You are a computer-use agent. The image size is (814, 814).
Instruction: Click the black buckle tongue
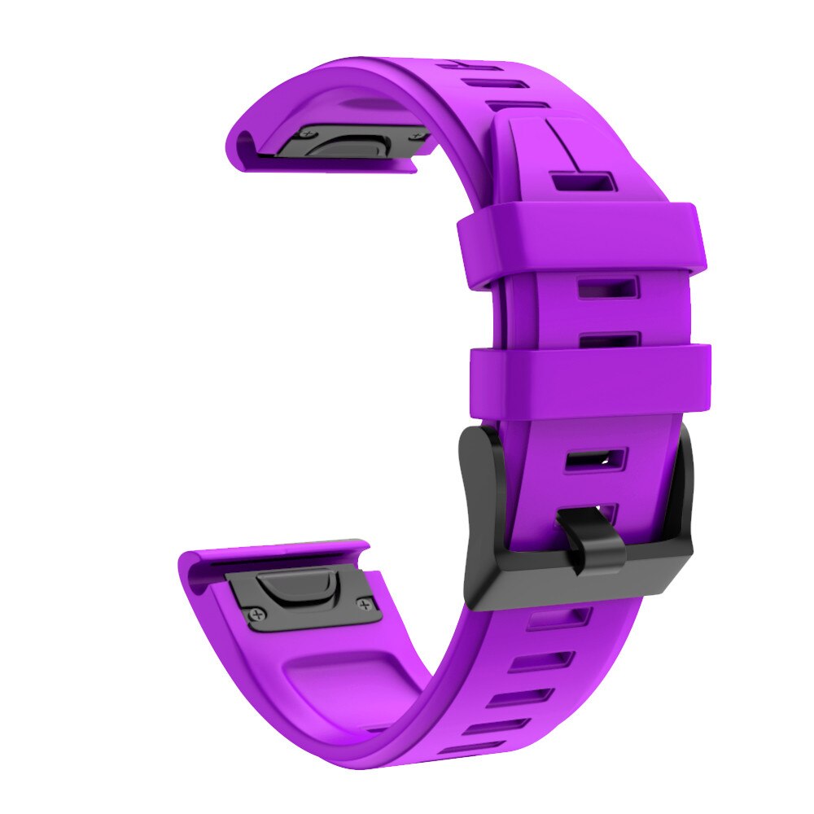pos(597,539)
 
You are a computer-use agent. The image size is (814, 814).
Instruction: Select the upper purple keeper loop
pos(580,242)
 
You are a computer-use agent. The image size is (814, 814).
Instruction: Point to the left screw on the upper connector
pos(304,132)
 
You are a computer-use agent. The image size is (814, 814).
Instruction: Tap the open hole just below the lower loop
pos(595,459)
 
